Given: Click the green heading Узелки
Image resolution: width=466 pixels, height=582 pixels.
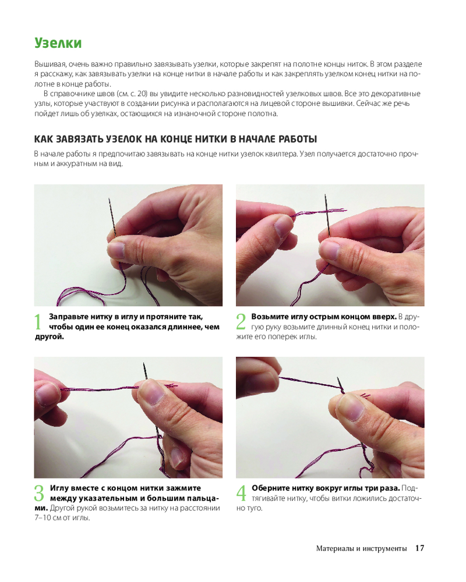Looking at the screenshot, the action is click(58, 43).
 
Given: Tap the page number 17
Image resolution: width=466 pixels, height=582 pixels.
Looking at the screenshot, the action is click(419, 548).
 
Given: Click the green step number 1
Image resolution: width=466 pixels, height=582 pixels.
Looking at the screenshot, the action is click(38, 321).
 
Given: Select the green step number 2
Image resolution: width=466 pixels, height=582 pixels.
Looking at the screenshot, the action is click(241, 321).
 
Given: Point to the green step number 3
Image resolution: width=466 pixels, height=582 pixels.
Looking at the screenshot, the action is click(39, 493).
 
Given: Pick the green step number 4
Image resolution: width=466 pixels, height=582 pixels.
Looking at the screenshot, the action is click(241, 493).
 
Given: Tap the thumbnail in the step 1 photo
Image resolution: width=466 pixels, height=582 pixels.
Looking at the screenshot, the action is click(117, 250).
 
